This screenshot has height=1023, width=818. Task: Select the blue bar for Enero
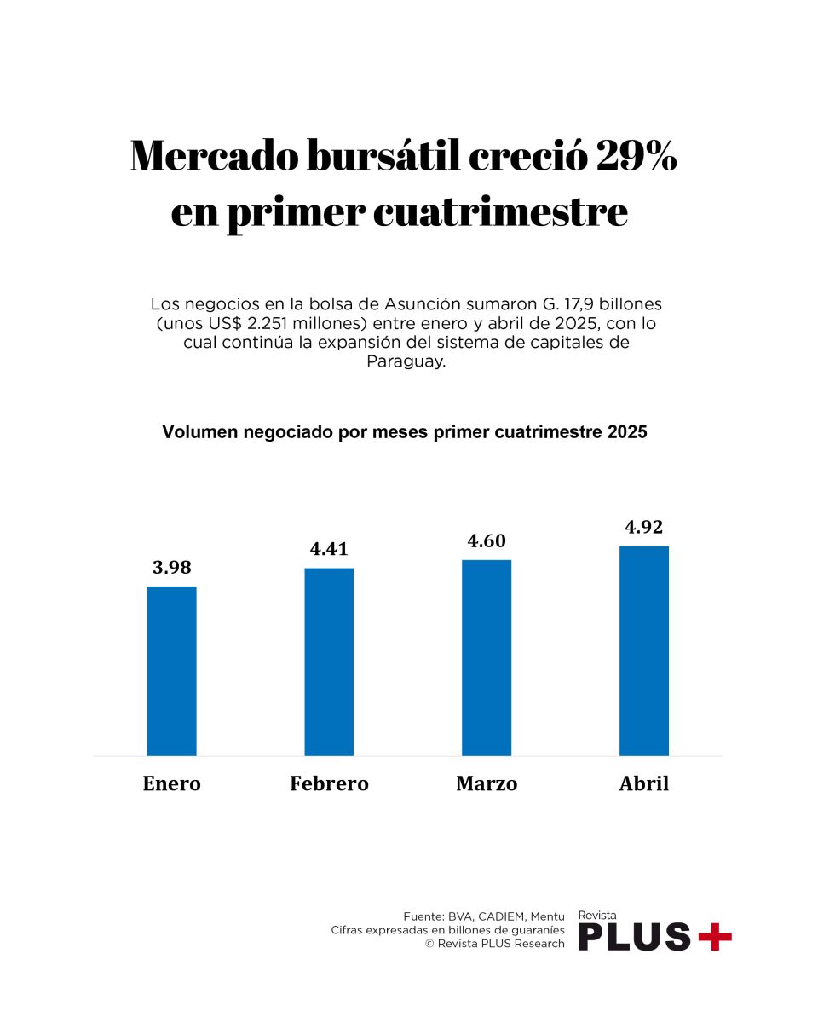[x=171, y=671]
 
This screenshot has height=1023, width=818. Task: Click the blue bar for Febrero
[x=329, y=662]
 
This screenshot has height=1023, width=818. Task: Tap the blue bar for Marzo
[x=487, y=657]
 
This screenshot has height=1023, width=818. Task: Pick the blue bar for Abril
[x=644, y=650]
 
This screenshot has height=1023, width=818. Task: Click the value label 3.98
[x=171, y=568]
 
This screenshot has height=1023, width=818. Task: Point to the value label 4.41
[x=329, y=549]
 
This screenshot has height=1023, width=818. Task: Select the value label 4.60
[x=487, y=540]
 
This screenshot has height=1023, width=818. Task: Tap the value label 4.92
[x=644, y=527]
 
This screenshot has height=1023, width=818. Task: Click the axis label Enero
[x=171, y=783]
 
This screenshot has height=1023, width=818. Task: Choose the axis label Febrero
[x=329, y=783]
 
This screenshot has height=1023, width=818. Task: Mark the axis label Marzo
[x=487, y=783]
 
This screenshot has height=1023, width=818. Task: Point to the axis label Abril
[x=644, y=783]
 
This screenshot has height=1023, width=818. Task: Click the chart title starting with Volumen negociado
[x=405, y=432]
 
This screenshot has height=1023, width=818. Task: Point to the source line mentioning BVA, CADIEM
[x=483, y=916]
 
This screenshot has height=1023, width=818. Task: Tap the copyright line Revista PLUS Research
[x=494, y=944]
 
